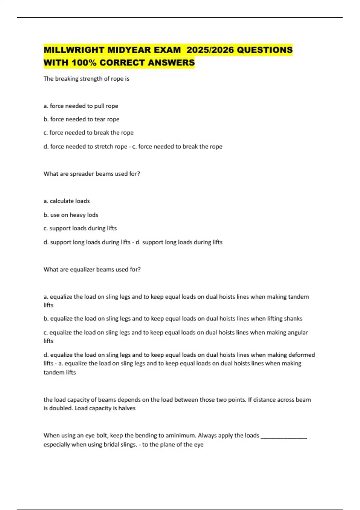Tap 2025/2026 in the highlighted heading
210,50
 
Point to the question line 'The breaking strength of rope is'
86,79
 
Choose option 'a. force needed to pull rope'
81,106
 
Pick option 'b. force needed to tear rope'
82,119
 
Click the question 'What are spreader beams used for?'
92,174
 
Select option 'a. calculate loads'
67,201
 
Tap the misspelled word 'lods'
92,215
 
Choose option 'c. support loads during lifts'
80,228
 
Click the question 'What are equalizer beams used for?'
92,270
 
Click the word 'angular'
298,332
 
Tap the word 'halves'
127,408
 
